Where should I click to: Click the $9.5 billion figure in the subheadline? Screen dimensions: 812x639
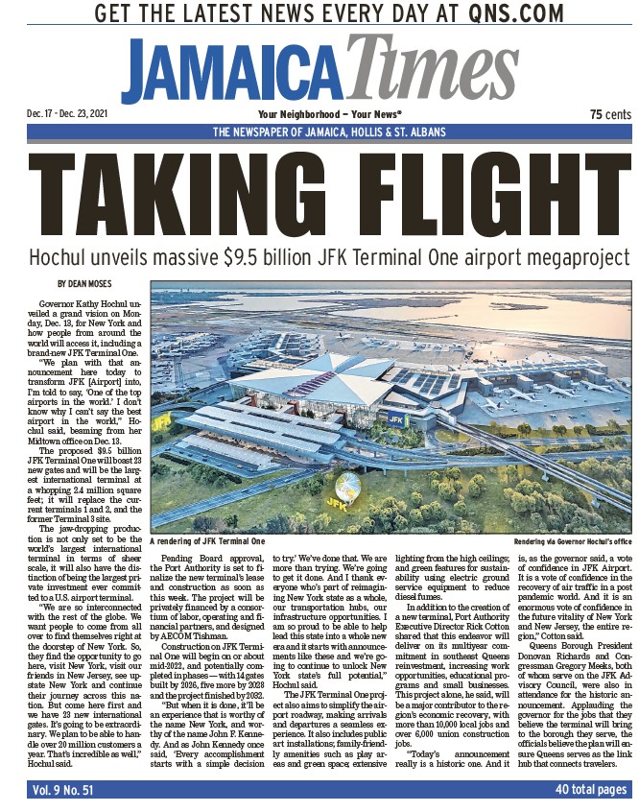[293, 258]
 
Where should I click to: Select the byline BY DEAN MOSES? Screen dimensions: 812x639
[87, 283]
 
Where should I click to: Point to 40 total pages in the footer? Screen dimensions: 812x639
[591, 789]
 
